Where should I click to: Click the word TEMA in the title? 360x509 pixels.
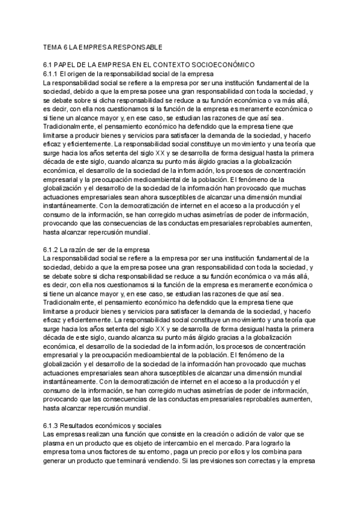click(x=53, y=46)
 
